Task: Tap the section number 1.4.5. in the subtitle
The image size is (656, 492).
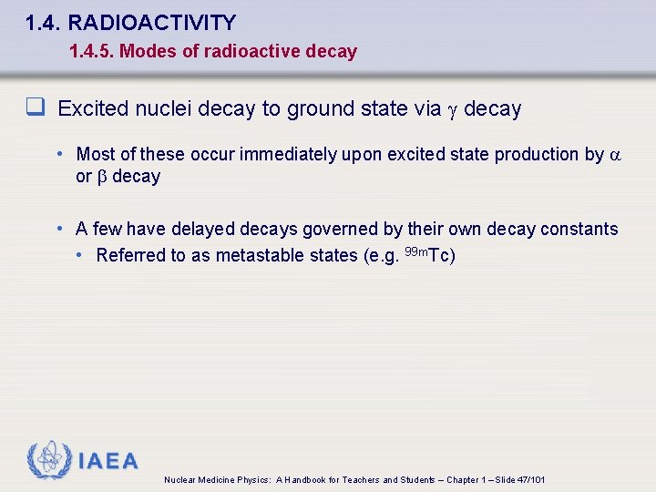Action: click(91, 52)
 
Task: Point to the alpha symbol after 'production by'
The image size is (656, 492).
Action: click(614, 156)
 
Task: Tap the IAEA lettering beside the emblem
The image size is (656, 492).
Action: click(108, 461)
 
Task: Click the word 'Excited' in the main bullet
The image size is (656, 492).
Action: click(95, 109)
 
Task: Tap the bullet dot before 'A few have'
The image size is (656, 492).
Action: click(60, 229)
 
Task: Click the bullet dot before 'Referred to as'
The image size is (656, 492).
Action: click(80, 255)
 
